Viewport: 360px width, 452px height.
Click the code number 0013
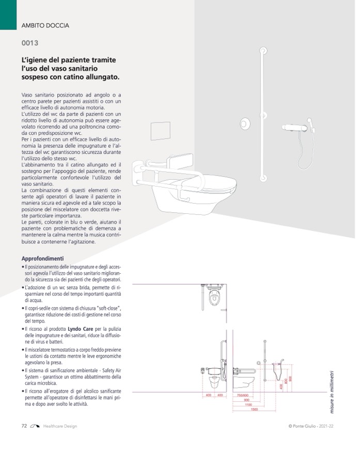[x=29, y=43]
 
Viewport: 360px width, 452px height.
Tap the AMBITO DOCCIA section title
[x=45, y=25]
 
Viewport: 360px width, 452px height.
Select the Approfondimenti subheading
[x=42, y=258]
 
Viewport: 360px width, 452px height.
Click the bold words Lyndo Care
[x=81, y=329]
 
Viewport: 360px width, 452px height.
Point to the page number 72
[x=24, y=426]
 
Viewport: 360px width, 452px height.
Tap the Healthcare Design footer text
[x=60, y=426]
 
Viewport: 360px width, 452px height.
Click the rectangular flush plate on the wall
[x=160, y=132]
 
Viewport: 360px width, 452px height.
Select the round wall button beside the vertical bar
[x=245, y=124]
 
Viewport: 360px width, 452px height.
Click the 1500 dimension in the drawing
[x=254, y=410]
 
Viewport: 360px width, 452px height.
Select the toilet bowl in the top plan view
[x=214, y=299]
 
